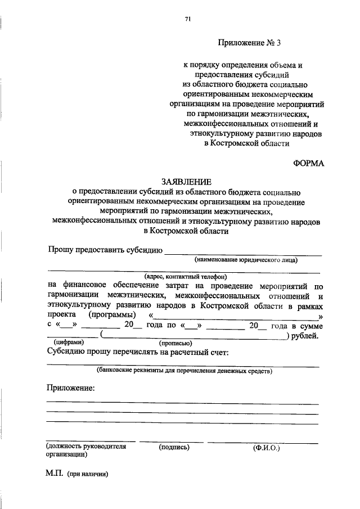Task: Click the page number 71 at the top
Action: [x=188, y=19]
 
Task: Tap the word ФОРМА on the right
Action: [x=308, y=164]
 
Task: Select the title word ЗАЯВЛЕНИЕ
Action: [x=186, y=182]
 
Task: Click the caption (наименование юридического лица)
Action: [x=246, y=260]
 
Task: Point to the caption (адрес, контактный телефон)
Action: [x=185, y=276]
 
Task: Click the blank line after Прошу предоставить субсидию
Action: [x=242, y=254]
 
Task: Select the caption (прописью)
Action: [x=175, y=343]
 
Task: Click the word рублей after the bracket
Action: [x=305, y=336]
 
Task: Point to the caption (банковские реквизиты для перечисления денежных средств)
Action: [x=184, y=371]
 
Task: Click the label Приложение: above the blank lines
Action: [x=70, y=388]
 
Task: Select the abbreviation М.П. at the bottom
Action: [x=55, y=474]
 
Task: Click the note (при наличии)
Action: [x=87, y=474]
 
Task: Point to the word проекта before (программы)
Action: [x=61, y=315]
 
